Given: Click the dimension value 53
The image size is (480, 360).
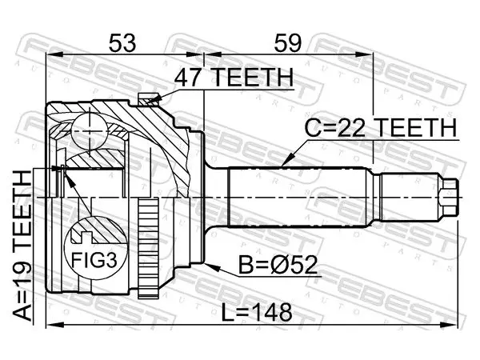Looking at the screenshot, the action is pyautogui.click(x=122, y=43).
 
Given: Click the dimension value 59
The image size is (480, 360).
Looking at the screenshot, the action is pyautogui.click(x=288, y=43).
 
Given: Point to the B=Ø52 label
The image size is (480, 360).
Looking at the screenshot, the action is pyautogui.click(x=278, y=265).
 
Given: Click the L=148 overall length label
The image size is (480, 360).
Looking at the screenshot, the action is pyautogui.click(x=257, y=313).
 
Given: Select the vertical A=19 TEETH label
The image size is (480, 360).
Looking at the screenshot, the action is pyautogui.click(x=22, y=246).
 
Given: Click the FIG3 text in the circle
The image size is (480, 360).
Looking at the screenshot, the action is pyautogui.click(x=94, y=261).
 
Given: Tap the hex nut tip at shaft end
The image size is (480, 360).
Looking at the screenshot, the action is pyautogui.click(x=450, y=198).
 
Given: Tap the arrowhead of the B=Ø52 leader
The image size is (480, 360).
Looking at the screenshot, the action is pyautogui.click(x=212, y=267).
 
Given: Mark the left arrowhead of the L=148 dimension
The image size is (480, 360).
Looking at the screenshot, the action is pyautogui.click(x=54, y=325).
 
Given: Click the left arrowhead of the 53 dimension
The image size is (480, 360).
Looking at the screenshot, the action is pyautogui.click(x=54, y=54).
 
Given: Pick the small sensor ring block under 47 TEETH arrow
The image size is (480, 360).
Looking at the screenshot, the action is pyautogui.click(x=148, y=100).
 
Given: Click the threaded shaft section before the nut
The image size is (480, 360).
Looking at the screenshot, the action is pyautogui.click(x=408, y=198).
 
